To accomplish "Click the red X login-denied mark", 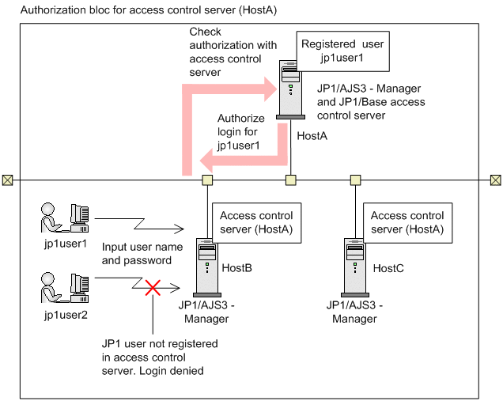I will click(x=151, y=287).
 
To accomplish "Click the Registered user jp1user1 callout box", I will click(x=342, y=51).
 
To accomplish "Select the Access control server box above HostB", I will click(x=255, y=222).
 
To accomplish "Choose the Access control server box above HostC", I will click(x=407, y=222).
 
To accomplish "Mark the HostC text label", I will click(x=388, y=268).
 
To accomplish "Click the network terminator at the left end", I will click(x=7, y=180).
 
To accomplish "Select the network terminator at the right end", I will click(x=495, y=180).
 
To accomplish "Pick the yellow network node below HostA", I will click(x=291, y=180).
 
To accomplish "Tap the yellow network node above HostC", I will click(x=355, y=180).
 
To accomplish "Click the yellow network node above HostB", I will click(x=207, y=180).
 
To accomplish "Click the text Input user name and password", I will click(x=142, y=253).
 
